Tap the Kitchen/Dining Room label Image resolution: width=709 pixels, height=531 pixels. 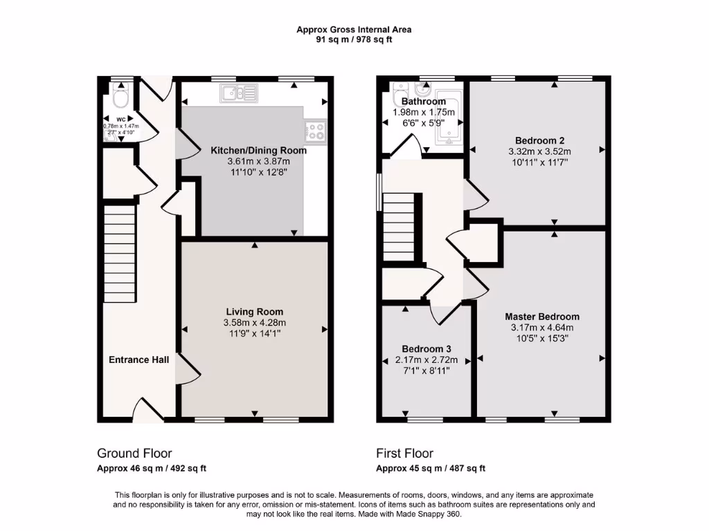coord(258,150)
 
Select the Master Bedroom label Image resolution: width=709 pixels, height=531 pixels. coord(542,317)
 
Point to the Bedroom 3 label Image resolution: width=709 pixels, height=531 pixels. coord(427,349)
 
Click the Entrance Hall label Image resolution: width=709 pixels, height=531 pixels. coord(138,360)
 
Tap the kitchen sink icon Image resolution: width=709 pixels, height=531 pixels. coord(237,93)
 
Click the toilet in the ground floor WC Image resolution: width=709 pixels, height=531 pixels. coord(120,97)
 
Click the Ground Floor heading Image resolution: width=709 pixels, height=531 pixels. coord(134,454)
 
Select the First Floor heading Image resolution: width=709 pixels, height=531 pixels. coord(404,454)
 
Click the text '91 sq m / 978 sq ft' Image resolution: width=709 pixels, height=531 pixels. coord(354,39)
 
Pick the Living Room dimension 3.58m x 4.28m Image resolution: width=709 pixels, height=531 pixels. coord(254,323)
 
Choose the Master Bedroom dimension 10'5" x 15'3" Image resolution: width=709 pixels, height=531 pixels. coord(542,339)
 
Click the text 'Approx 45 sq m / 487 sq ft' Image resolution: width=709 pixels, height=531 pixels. coord(431,468)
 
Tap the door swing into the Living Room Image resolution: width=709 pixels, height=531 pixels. coord(188,371)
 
